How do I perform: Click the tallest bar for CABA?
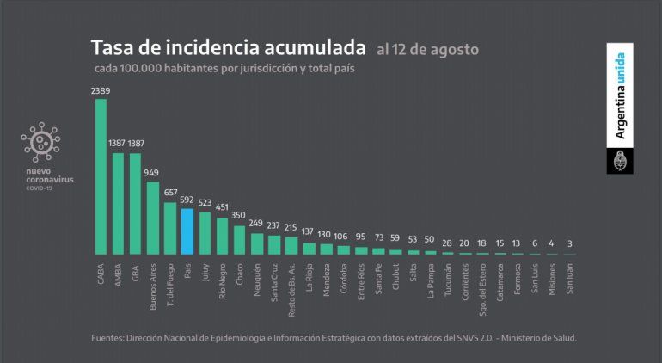tap(101, 176)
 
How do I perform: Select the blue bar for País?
tap(187, 231)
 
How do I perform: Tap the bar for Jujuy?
tap(205, 233)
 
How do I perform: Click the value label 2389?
tap(101, 90)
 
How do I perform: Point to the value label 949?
tap(152, 173)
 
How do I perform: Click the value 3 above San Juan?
tap(569, 244)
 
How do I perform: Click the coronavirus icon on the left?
tap(39, 144)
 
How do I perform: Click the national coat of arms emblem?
tap(621, 161)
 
